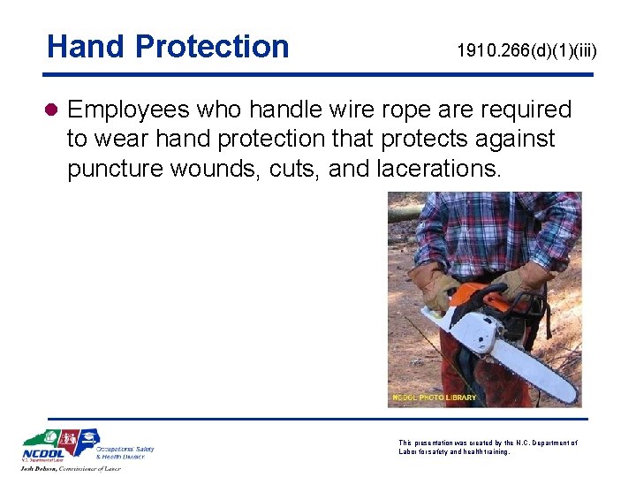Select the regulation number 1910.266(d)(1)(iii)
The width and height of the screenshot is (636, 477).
pos(526,51)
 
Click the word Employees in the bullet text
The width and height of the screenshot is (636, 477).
pos(127,110)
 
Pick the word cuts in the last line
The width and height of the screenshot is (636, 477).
pos(294,168)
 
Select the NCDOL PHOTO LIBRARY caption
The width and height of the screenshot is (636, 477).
pos(434,397)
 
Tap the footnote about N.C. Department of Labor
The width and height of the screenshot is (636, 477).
pos(488,447)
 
